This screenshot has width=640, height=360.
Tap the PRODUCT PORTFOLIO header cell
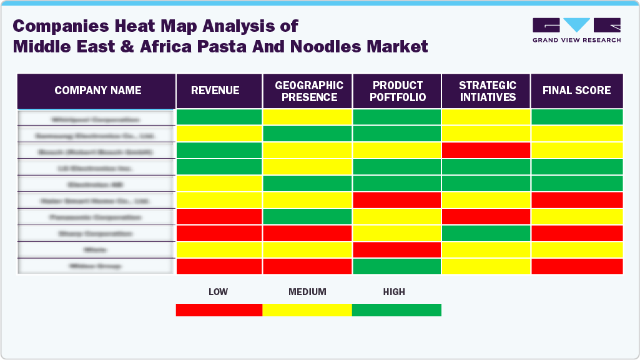tap(398, 91)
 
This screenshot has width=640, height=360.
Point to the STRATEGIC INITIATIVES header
tap(487, 91)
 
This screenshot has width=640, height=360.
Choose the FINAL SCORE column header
tap(576, 90)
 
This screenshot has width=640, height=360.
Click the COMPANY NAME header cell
tap(97, 90)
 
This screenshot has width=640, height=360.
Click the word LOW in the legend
tap(218, 292)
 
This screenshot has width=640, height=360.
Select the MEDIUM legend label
tap(307, 292)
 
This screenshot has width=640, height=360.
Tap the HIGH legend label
tap(394, 292)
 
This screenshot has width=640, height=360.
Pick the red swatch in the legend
tap(219, 310)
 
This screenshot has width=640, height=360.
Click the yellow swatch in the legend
tap(307, 310)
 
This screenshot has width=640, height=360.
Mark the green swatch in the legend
tap(396, 310)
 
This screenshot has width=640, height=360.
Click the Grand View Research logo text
tap(576, 40)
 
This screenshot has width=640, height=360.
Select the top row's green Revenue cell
tap(219, 117)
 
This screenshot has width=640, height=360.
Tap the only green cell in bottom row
tap(397, 266)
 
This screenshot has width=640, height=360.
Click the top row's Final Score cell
tap(577, 117)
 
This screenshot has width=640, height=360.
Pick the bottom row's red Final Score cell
tap(577, 266)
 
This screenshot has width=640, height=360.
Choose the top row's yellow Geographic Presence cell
tap(307, 117)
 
